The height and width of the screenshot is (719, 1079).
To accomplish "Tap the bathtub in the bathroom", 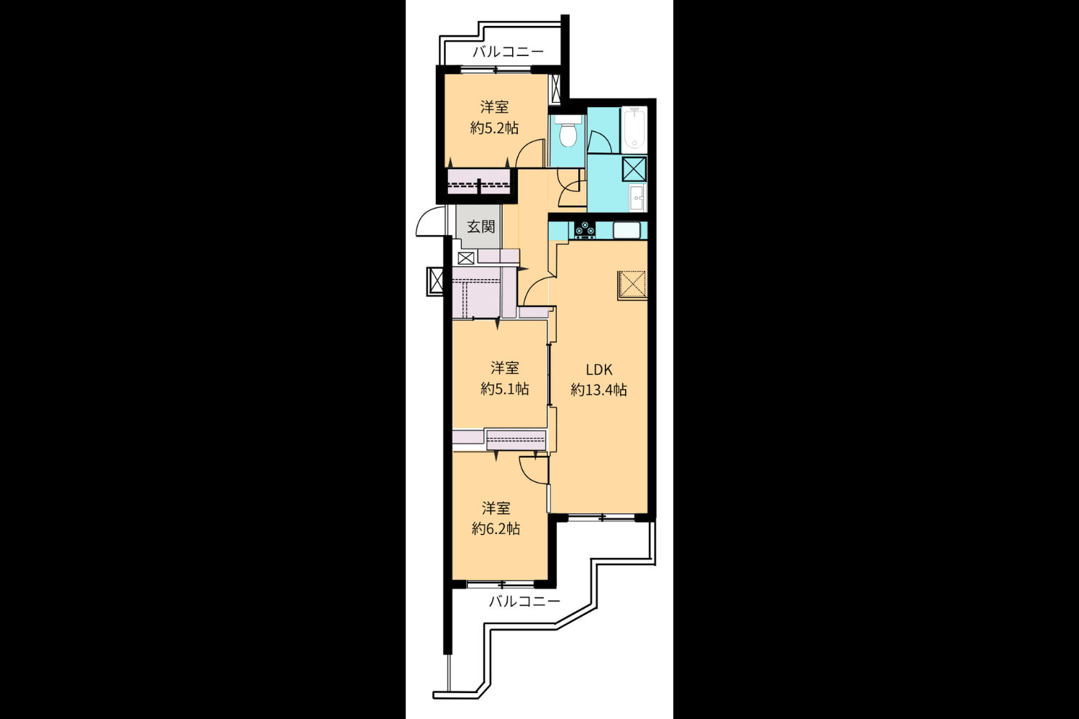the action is pos(635,128).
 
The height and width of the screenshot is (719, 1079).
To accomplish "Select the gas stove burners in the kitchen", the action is pos(585,229).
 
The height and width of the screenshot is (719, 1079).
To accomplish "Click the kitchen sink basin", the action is pos(627,229).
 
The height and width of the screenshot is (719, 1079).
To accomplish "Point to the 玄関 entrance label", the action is pos(481,226).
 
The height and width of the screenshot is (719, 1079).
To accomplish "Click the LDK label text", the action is pos(598,370).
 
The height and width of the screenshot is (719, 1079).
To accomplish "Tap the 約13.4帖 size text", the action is pos(598,390).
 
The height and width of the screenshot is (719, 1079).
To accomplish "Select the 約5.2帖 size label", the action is pos(494,128).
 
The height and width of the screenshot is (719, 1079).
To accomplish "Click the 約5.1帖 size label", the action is pos(504,389).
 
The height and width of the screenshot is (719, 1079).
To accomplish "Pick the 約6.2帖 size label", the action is pos(496,528).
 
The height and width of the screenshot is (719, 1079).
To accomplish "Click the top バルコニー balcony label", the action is pos(508,52).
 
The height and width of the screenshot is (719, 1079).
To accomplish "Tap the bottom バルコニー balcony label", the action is pos(524,601).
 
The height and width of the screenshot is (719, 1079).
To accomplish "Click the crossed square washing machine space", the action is pos(634,169).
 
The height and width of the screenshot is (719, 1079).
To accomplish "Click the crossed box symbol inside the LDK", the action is pos(632,285).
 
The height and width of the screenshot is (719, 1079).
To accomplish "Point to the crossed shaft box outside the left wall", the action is pos(435,281).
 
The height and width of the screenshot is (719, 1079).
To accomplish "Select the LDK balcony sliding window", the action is pos(601,518).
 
